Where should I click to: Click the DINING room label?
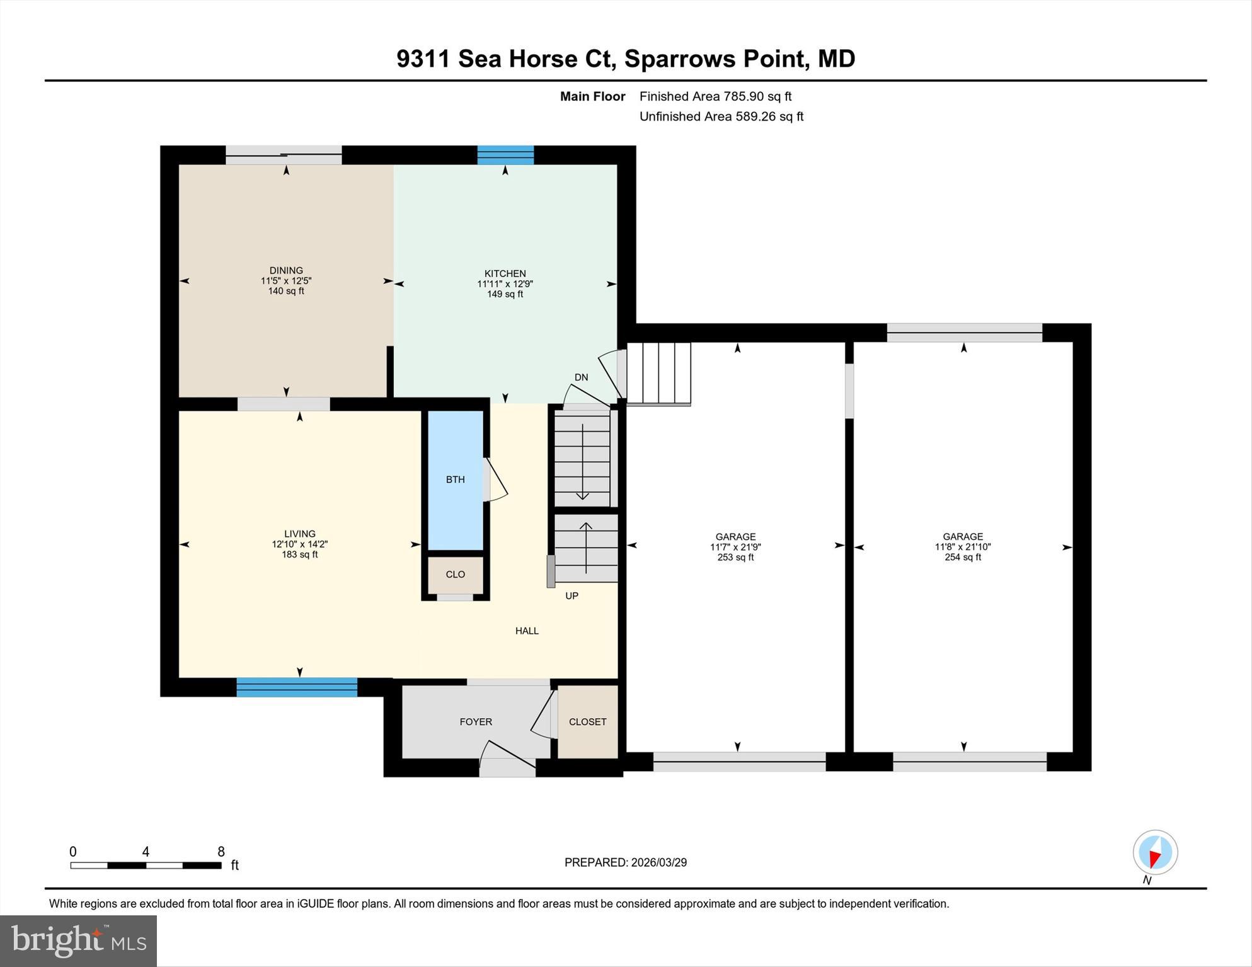coord(286,270)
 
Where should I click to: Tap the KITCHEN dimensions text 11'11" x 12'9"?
coord(505,284)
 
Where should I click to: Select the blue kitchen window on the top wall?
coord(505,155)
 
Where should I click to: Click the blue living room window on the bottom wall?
coord(297,687)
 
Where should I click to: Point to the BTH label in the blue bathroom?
coord(455,479)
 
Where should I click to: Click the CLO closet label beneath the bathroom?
coord(455,575)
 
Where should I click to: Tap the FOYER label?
coord(476,722)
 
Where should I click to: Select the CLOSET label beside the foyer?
coord(587,722)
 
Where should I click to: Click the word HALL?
coord(527,631)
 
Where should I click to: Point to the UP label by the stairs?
coord(571,596)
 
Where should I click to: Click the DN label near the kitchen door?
coord(581,377)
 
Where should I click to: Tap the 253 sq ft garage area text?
coord(735,558)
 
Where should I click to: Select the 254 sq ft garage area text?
coord(962,558)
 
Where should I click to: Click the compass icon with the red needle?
coord(1155,852)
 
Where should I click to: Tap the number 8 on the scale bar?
coord(221,852)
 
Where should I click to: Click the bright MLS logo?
coord(78,941)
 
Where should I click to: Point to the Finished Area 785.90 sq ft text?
coord(715,96)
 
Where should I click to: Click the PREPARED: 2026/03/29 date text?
coord(625,862)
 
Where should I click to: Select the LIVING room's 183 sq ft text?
coord(299,554)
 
